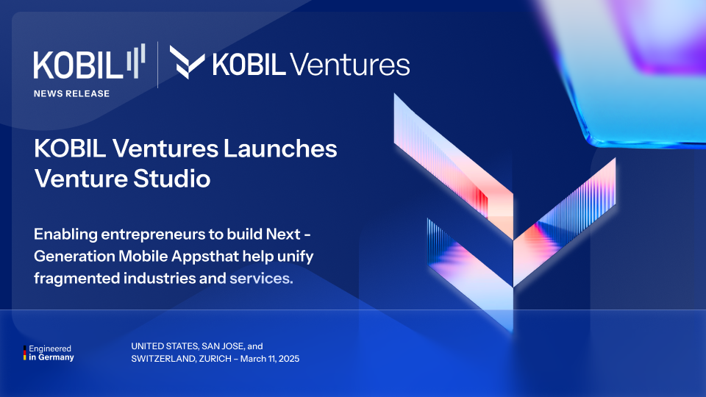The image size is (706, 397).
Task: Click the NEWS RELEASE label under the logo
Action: coord(71,93)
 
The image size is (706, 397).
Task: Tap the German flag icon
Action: coord(25,353)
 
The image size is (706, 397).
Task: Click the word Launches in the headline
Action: coord(280,148)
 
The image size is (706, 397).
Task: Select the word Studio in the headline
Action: coord(171,178)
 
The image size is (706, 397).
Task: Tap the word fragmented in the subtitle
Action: coord(76,279)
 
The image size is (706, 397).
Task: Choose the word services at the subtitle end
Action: coord(261,279)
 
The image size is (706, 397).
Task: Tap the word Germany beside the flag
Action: coord(56,357)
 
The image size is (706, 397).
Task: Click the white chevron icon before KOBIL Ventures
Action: coord(187,62)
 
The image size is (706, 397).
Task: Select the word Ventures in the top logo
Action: coord(350,65)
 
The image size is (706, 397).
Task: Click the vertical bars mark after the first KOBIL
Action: coord(135,60)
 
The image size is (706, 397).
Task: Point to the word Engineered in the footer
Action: coord(50,348)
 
